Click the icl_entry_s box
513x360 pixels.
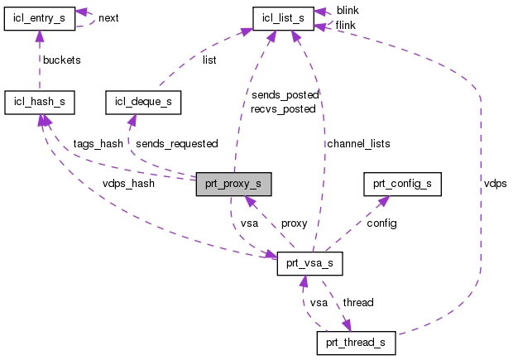[x=40, y=17]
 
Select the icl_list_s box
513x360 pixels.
[x=287, y=17]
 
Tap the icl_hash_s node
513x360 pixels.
[x=40, y=102]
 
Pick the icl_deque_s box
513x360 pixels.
[x=143, y=102]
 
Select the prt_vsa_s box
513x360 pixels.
[x=309, y=266]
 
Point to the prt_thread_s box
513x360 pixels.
[x=356, y=343]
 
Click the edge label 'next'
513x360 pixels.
[x=109, y=17]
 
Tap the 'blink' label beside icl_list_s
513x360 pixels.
[x=348, y=10]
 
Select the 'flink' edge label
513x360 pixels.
[x=347, y=25]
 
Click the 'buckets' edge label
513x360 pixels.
[x=62, y=61]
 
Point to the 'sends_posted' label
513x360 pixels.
[x=284, y=95]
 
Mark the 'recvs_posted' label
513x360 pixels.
[x=284, y=108]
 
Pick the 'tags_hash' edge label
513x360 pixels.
[x=98, y=143]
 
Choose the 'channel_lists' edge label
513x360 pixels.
[x=357, y=143]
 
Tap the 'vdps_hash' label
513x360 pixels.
[x=129, y=207]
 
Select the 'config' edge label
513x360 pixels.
[x=381, y=223]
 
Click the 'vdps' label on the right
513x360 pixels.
[x=495, y=183]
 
